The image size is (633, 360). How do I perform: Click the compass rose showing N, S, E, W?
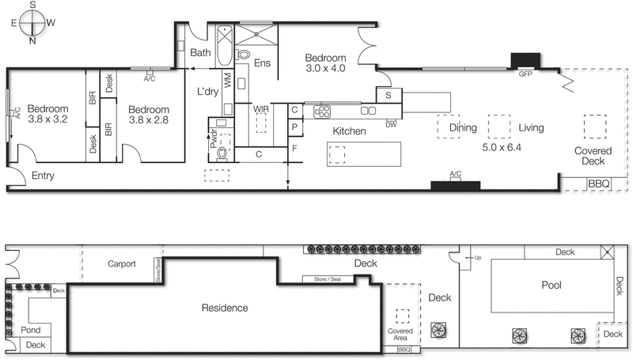coord(31,22)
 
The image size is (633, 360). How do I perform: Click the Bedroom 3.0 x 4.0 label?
coord(327,63)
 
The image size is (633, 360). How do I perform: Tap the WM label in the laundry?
coord(228,81)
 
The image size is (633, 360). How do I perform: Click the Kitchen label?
coord(349,131)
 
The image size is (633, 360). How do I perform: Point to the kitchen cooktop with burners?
coord(324,110)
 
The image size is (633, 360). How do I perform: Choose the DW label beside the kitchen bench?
coord(391,124)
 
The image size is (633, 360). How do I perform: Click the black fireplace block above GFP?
coord(525,61)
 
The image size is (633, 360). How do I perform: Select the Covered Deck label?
coord(593,157)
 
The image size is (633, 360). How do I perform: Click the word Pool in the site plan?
coord(551,285)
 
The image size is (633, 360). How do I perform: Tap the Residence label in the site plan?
coord(224,308)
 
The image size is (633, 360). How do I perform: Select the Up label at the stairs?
coord(477,258)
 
